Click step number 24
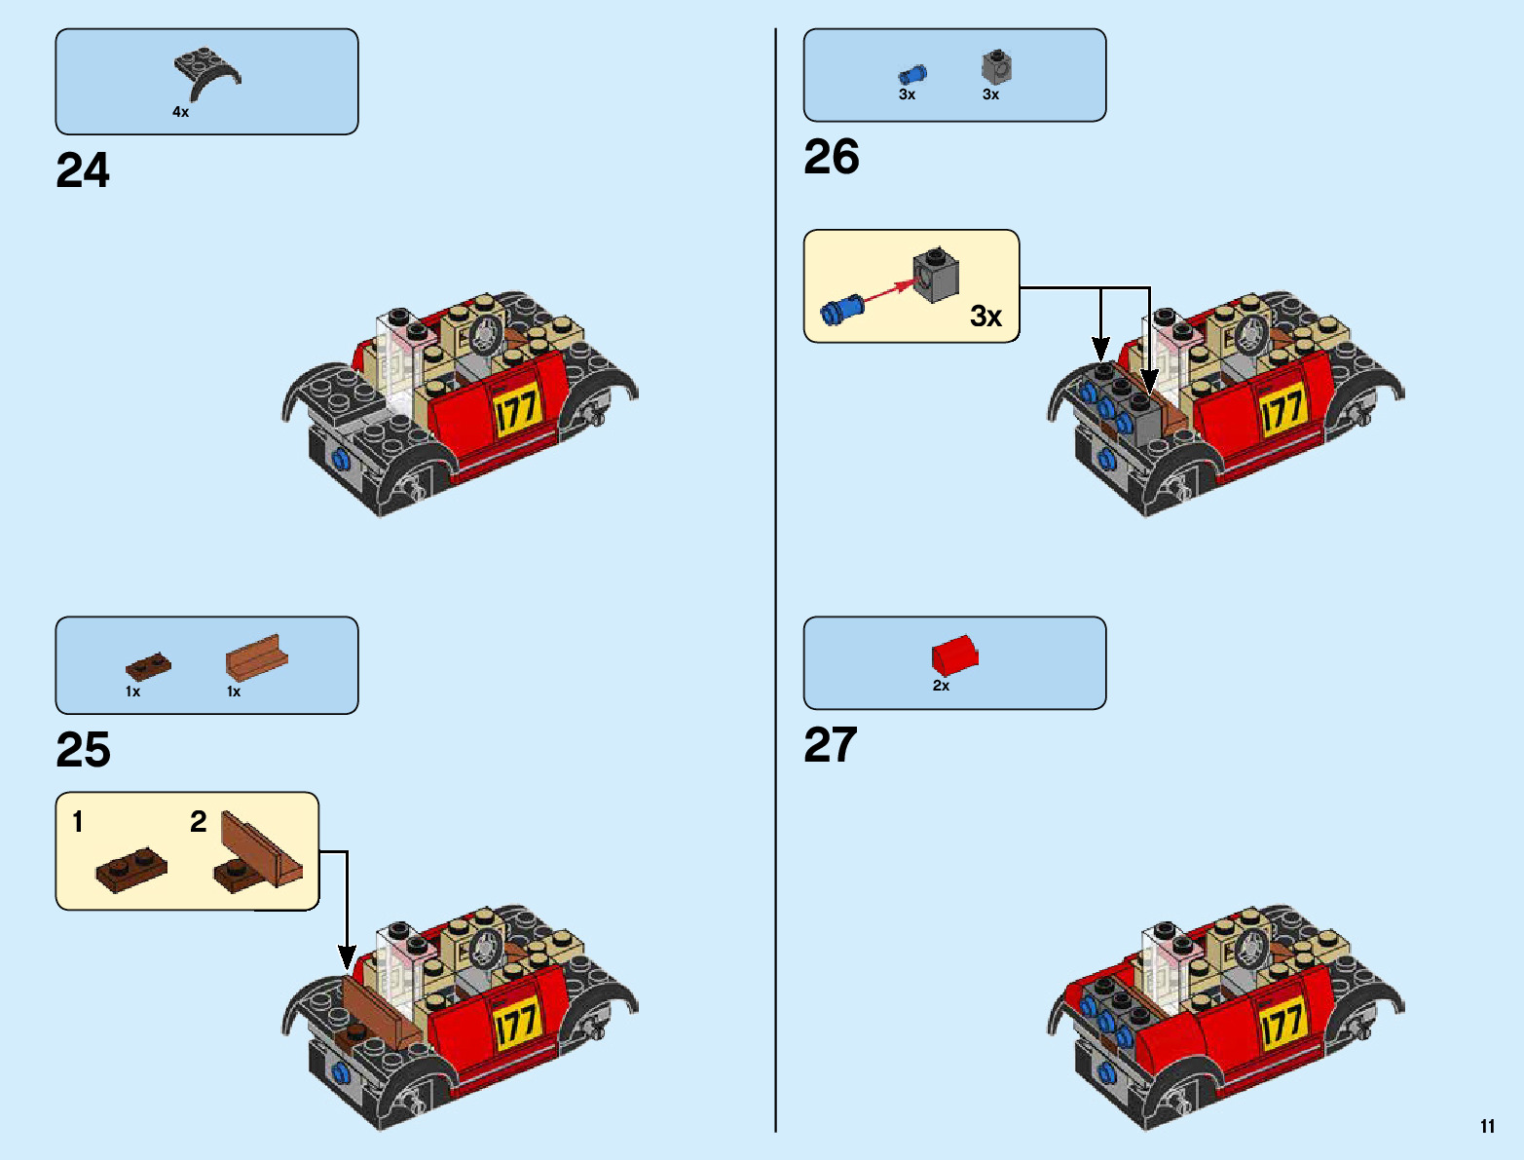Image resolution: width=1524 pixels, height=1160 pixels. pos(83,171)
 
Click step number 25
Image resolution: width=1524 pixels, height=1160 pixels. pos(83,751)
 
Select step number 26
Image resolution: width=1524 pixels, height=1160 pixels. pos(831,158)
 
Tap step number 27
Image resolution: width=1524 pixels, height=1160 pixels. pos(830,746)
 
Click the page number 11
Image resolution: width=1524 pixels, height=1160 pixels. pos(1487,1127)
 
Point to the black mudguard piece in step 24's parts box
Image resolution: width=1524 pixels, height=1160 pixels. pos(206,73)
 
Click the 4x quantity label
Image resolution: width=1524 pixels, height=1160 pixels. pos(180,112)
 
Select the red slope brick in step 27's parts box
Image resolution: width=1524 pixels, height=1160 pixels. pos(954,655)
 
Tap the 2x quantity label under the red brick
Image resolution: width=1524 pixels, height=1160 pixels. pos(941,686)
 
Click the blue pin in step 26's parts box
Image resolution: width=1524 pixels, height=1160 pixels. pos(911,74)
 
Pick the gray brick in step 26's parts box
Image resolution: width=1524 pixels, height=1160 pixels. pos(995,67)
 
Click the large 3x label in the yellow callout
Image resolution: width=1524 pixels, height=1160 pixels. pos(985,317)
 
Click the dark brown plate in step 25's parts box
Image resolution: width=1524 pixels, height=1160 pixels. pos(148,667)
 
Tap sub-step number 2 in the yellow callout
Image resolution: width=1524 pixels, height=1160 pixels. pos(199,822)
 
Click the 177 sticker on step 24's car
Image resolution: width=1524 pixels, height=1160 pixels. pos(516,410)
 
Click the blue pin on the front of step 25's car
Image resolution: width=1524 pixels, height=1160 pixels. pos(342,1072)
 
